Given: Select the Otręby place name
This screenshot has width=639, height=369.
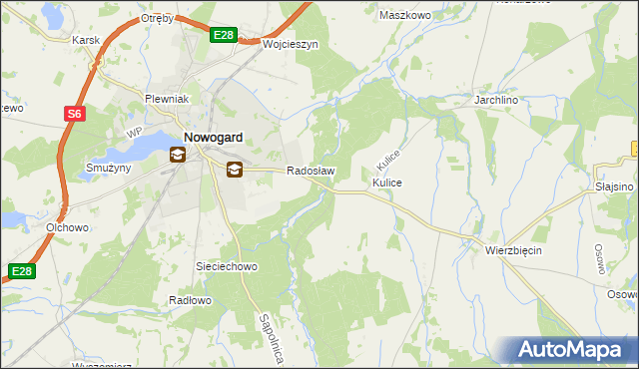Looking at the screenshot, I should tap(158, 19).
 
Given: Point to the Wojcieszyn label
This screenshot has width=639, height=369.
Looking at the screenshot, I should tap(290, 45).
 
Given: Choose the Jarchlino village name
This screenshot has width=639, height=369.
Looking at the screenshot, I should tap(500, 102).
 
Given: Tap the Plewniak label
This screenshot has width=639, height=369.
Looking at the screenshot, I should tap(168, 101).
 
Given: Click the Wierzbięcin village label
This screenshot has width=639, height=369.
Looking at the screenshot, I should tap(513, 250).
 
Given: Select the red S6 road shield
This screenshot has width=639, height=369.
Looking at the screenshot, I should tap(75, 115).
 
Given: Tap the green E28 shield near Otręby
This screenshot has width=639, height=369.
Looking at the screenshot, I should tap(224, 36).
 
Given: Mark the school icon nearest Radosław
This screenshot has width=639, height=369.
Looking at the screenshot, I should tap(234, 170).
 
